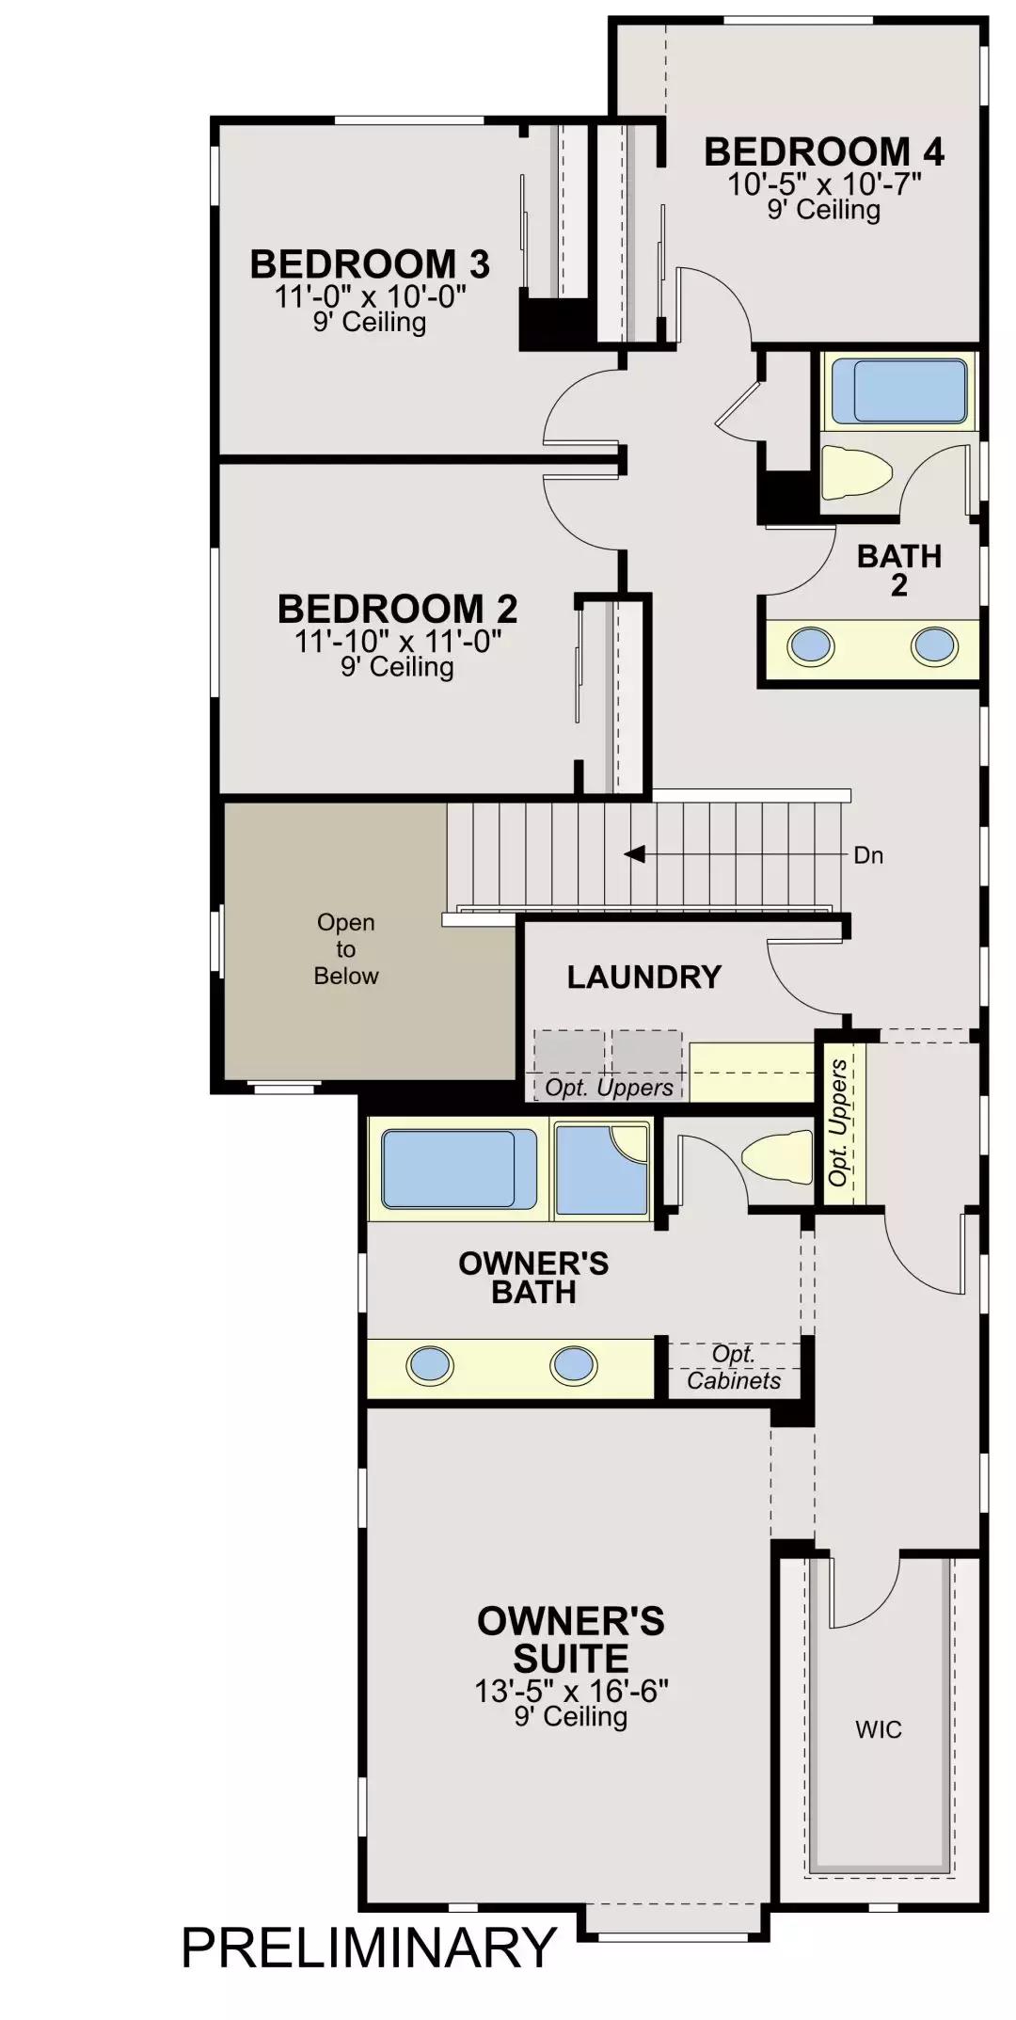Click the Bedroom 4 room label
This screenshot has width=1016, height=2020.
(824, 151)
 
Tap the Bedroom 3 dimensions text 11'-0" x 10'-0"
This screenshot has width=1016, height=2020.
(371, 296)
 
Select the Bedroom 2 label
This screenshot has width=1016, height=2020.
(397, 609)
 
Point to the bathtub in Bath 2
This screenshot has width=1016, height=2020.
(900, 390)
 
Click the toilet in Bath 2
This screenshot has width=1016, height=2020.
(856, 470)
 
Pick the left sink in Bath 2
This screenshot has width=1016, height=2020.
(810, 646)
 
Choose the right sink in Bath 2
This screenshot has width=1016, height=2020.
(935, 646)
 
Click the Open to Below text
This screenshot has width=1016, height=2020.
(346, 948)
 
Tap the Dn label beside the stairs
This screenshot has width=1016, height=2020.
(868, 855)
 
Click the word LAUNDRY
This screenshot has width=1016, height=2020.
(643, 977)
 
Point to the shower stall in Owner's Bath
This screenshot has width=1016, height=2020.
(602, 1169)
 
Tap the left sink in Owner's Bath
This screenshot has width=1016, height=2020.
(430, 1365)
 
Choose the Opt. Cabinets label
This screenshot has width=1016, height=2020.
(734, 1367)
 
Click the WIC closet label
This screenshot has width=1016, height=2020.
(879, 1728)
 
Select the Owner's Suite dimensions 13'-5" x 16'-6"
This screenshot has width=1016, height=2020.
(571, 1691)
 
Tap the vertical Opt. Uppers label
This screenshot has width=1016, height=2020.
(839, 1122)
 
